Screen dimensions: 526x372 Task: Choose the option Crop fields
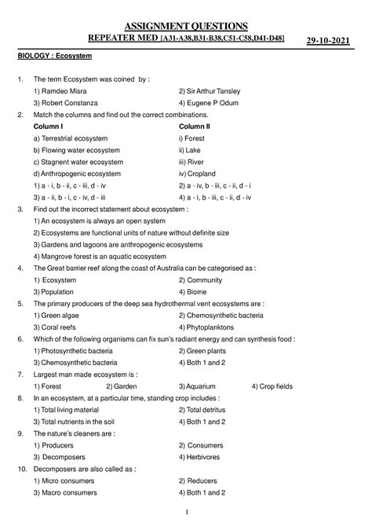(x=276, y=386)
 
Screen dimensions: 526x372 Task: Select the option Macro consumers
(x=65, y=492)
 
